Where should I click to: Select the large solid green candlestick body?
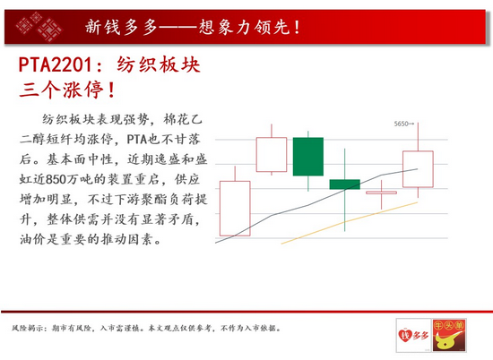308,157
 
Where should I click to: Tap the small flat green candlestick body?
344,184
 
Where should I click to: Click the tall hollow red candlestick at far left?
235,209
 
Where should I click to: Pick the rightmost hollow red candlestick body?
418,169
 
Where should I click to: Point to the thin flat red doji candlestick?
381,193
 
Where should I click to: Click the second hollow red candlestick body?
272,155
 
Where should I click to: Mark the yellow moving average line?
350,223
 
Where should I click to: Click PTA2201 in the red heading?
55,65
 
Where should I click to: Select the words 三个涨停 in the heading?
61,90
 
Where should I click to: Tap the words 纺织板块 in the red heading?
159,65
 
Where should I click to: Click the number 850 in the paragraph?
56,179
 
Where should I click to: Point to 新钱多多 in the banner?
121,27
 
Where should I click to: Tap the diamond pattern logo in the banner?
39,27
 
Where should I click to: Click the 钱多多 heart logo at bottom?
413,335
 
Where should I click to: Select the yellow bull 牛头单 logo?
449,335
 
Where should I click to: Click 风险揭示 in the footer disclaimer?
26,329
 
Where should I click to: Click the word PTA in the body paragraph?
137,139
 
